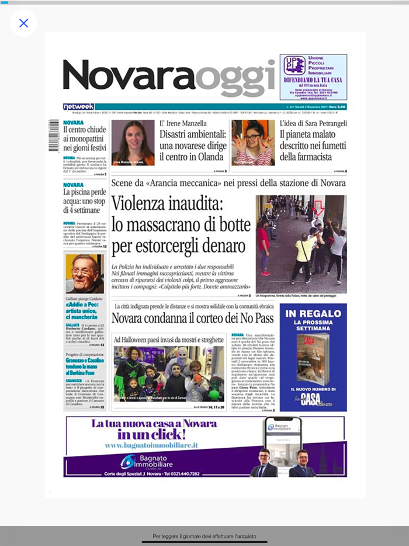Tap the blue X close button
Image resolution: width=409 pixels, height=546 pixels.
coord(23,23)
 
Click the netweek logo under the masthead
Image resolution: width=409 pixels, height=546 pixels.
coord(78,107)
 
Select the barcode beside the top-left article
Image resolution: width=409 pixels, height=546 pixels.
coord(54,136)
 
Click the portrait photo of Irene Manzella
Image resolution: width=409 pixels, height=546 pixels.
coord(133,143)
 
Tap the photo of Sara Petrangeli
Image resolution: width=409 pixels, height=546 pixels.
coord(252,143)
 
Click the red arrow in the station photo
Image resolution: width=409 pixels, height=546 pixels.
coord(318,208)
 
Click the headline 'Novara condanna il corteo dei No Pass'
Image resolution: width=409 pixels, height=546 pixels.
coord(192,319)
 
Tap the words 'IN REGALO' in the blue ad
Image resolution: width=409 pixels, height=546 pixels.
coord(313,314)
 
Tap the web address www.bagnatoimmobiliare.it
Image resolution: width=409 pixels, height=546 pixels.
coord(151,445)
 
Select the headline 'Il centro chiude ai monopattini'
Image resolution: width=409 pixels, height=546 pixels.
coord(85,139)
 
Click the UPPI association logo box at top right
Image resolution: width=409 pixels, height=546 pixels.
coord(313,77)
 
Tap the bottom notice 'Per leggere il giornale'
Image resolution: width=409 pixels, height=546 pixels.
coord(204,535)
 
